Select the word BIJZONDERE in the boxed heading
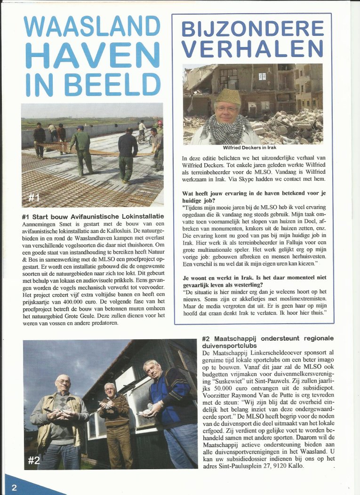click(253, 29)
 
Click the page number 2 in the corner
click(14, 487)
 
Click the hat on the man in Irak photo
click(229, 97)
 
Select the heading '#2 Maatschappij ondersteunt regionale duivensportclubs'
click(267, 342)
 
